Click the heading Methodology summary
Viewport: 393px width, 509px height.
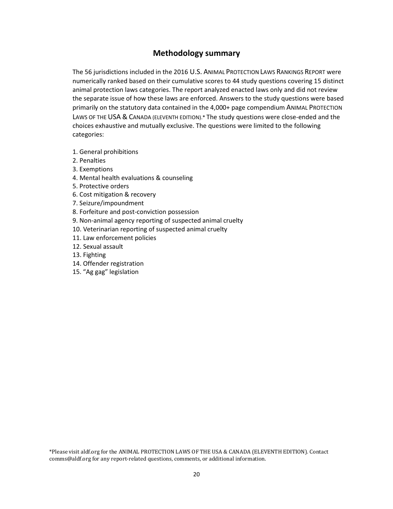(x=196, y=53)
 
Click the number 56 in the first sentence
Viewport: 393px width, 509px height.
(x=89, y=72)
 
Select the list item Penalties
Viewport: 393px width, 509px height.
(x=92, y=161)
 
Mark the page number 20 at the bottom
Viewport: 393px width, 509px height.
(x=196, y=474)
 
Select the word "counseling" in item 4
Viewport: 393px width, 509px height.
(x=177, y=178)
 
